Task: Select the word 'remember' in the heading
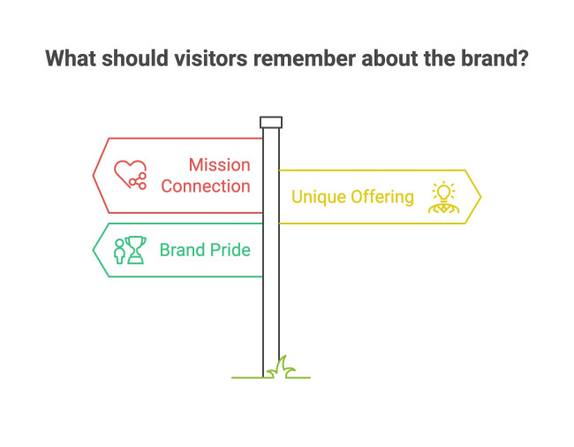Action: pos(298,59)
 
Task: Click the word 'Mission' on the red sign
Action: pos(220,165)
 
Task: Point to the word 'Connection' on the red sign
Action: pos(206,186)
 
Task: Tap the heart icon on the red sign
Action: pos(130,175)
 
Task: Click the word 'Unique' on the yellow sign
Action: pos(318,196)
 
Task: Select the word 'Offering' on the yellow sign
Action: pos(381,196)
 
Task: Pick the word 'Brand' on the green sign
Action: pos(183,250)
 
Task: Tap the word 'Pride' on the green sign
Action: pos(230,250)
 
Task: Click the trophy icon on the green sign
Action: pos(135,250)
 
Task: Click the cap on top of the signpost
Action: pos(271,122)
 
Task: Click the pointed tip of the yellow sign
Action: pos(480,196)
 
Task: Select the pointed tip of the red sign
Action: pos(94,175)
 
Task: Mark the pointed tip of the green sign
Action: pos(94,250)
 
